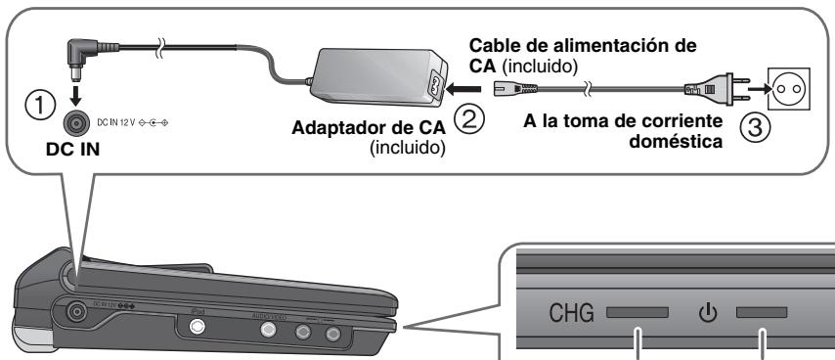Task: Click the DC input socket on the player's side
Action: [x=72, y=313]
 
